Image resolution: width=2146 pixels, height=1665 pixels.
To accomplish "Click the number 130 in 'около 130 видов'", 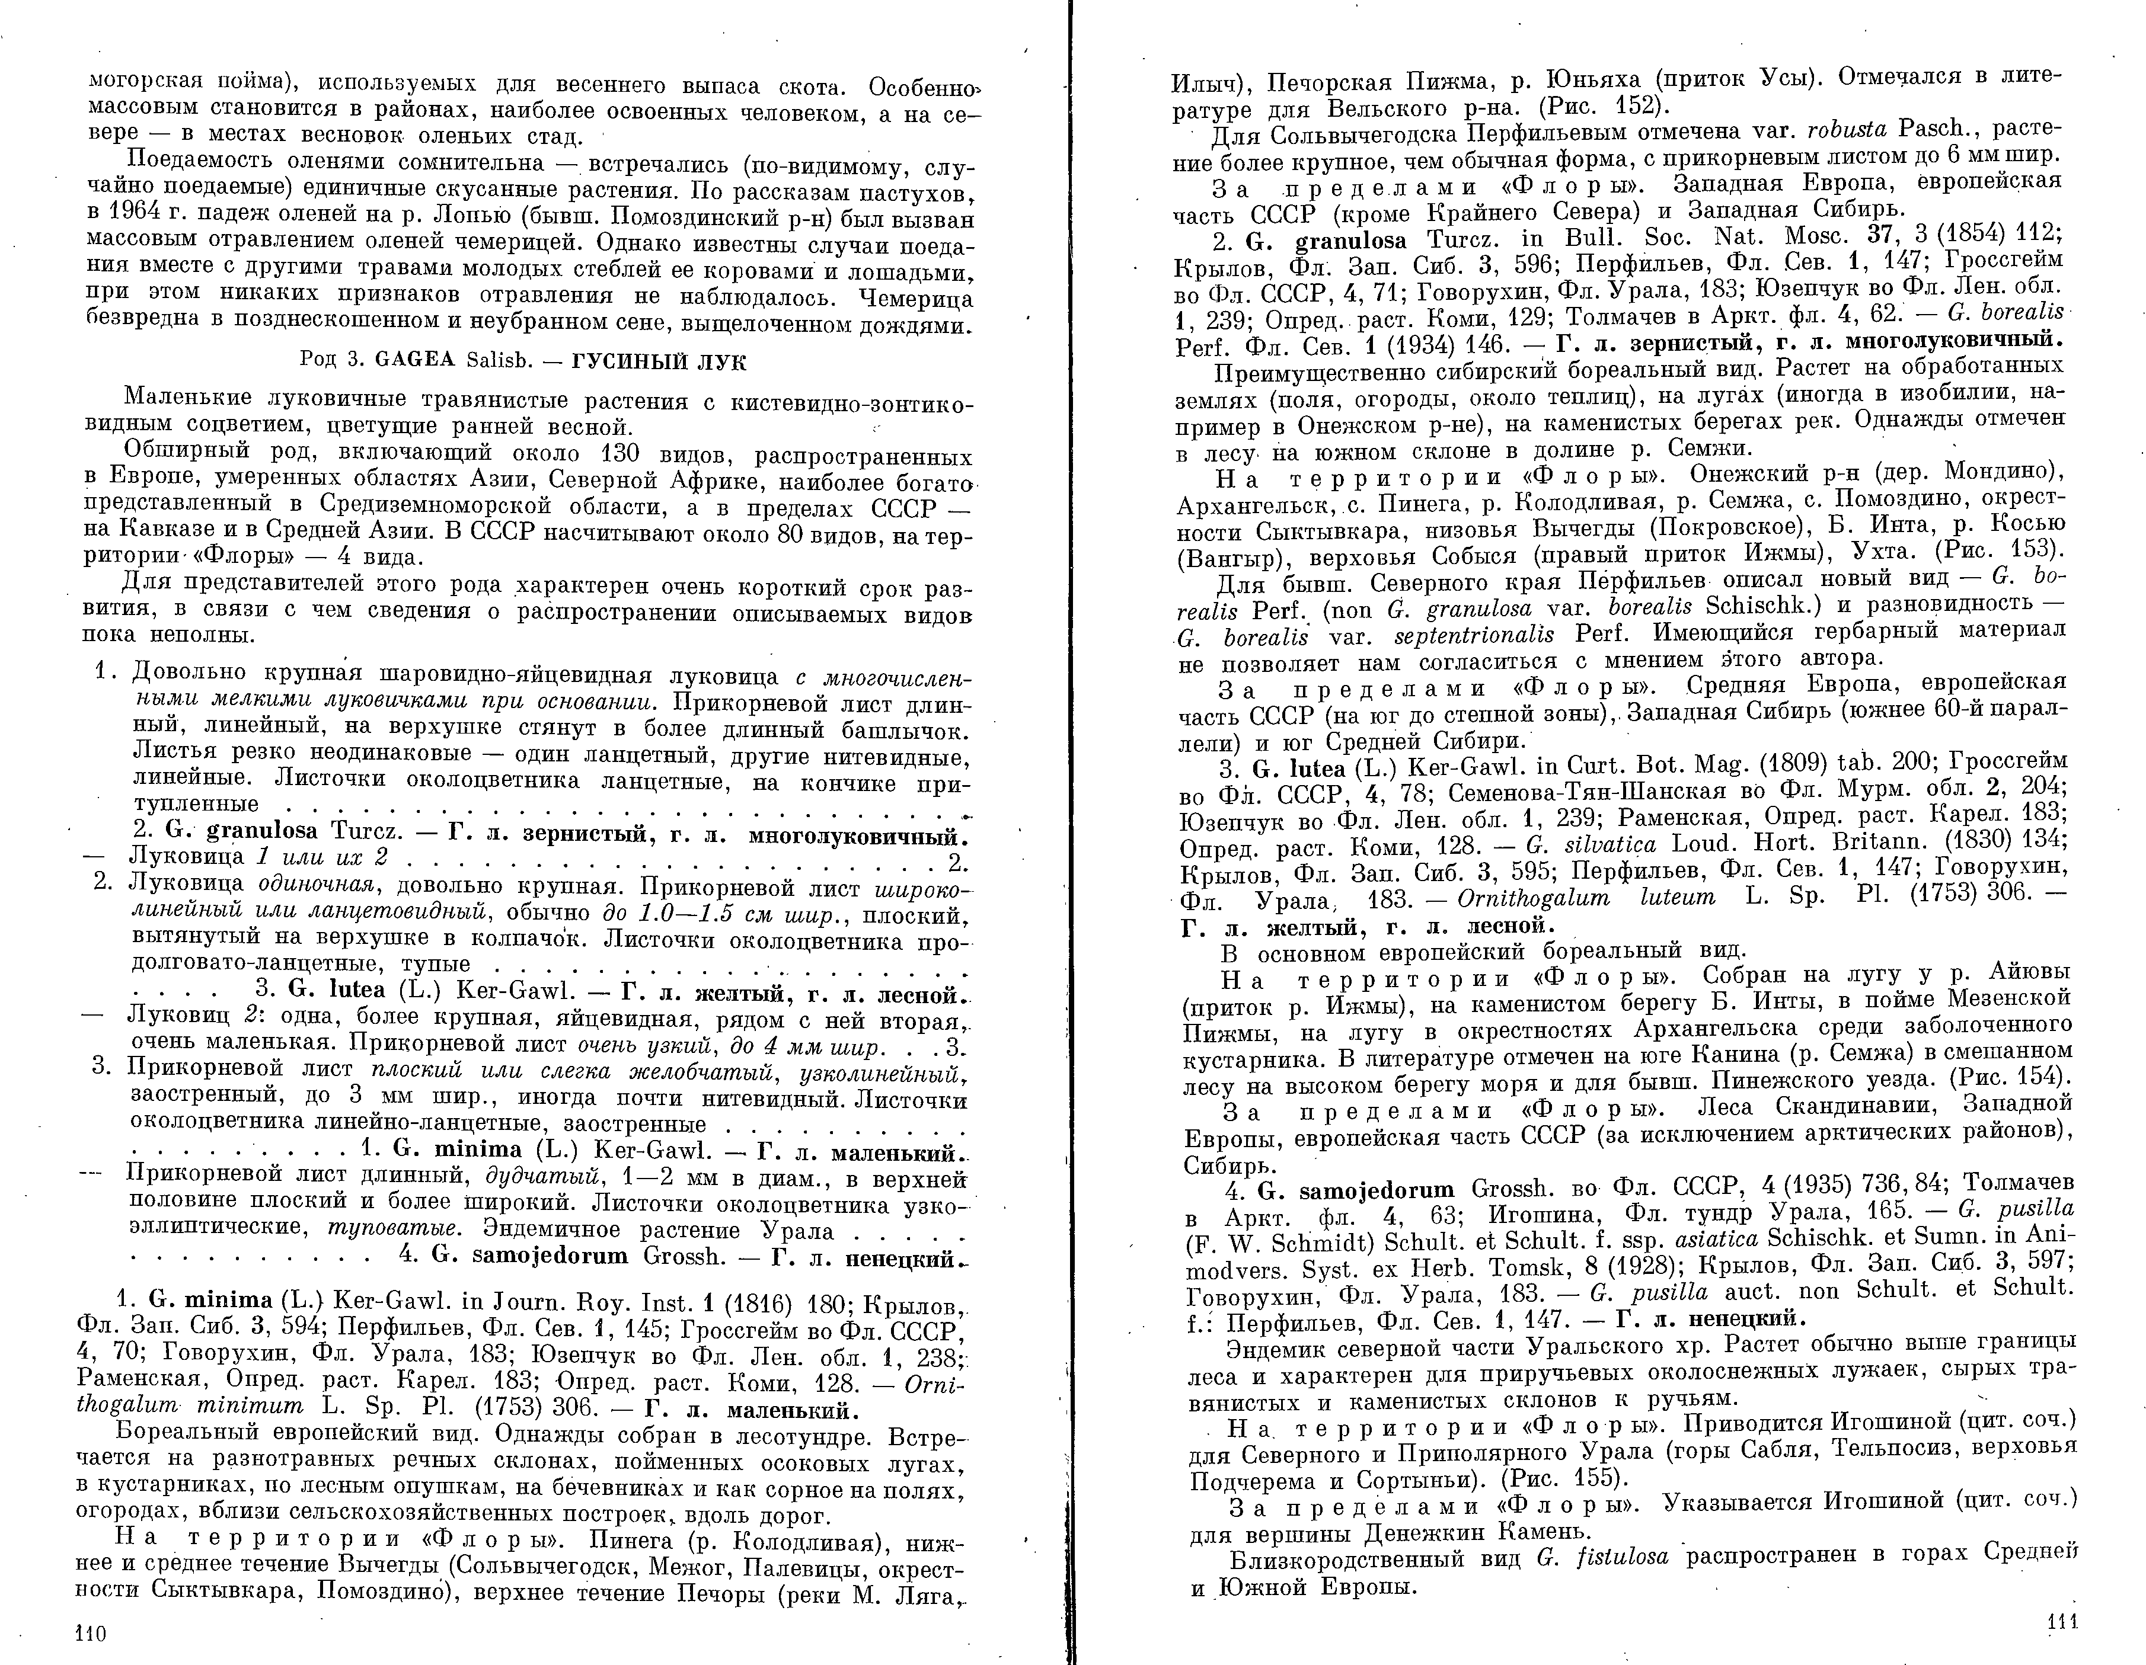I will [x=619, y=455].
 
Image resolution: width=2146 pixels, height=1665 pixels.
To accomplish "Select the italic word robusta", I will [x=1829, y=130].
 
